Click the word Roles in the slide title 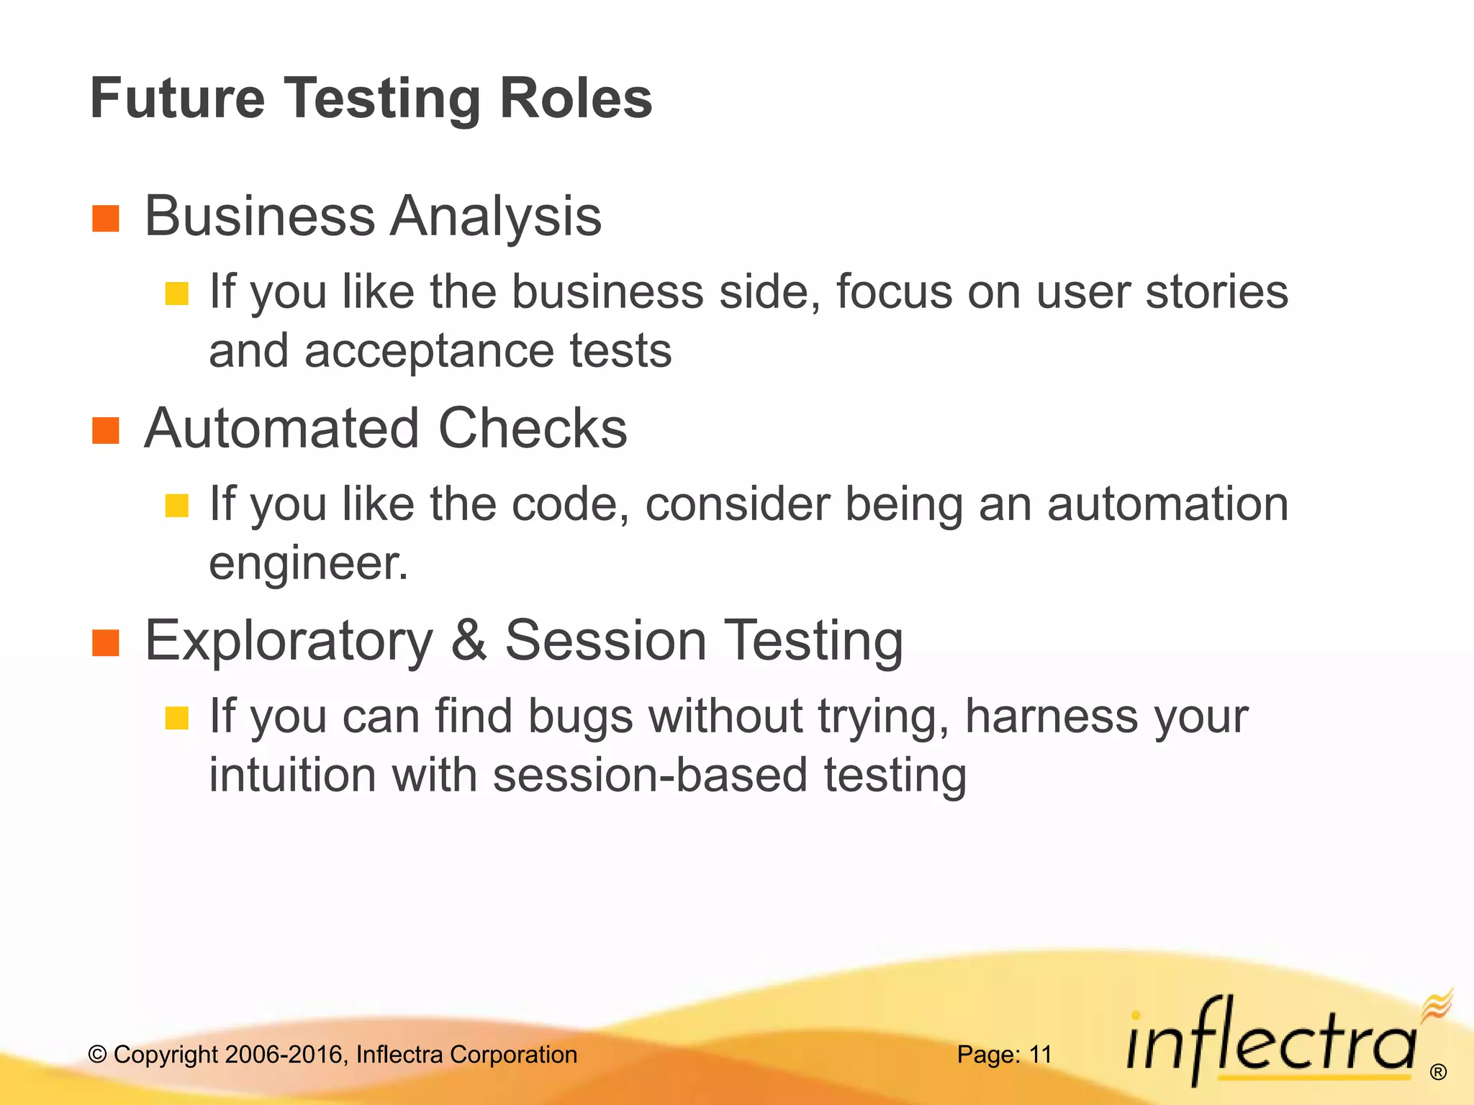(575, 99)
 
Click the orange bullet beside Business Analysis (106, 219)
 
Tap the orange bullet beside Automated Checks (106, 431)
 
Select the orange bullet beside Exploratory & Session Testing (106, 643)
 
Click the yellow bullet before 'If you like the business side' (176, 294)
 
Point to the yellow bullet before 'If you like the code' (176, 506)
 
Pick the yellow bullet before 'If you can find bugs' (176, 718)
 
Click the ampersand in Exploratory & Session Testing (469, 640)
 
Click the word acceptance (429, 351)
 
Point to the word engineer (308, 563)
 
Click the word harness (1051, 717)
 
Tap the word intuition (292, 776)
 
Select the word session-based (650, 776)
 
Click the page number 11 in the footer (1041, 1055)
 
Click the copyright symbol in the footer (97, 1055)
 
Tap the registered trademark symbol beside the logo (1438, 1073)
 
